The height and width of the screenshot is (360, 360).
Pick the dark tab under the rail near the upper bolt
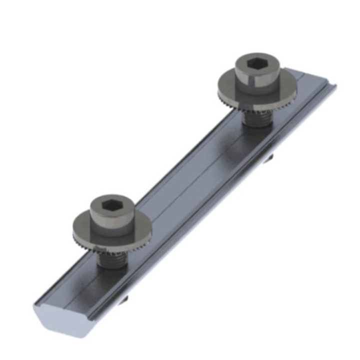pos(269,159)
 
